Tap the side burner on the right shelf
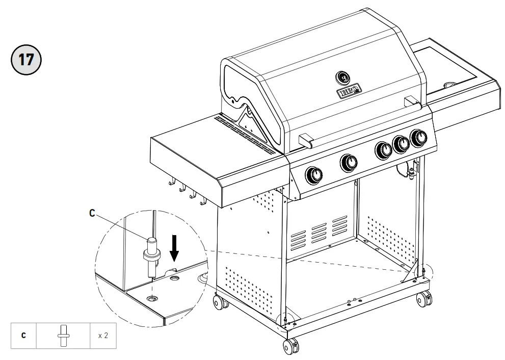click(x=450, y=84)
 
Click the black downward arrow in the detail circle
click(x=174, y=248)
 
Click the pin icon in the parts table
click(x=64, y=336)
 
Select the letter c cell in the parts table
click(x=23, y=336)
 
